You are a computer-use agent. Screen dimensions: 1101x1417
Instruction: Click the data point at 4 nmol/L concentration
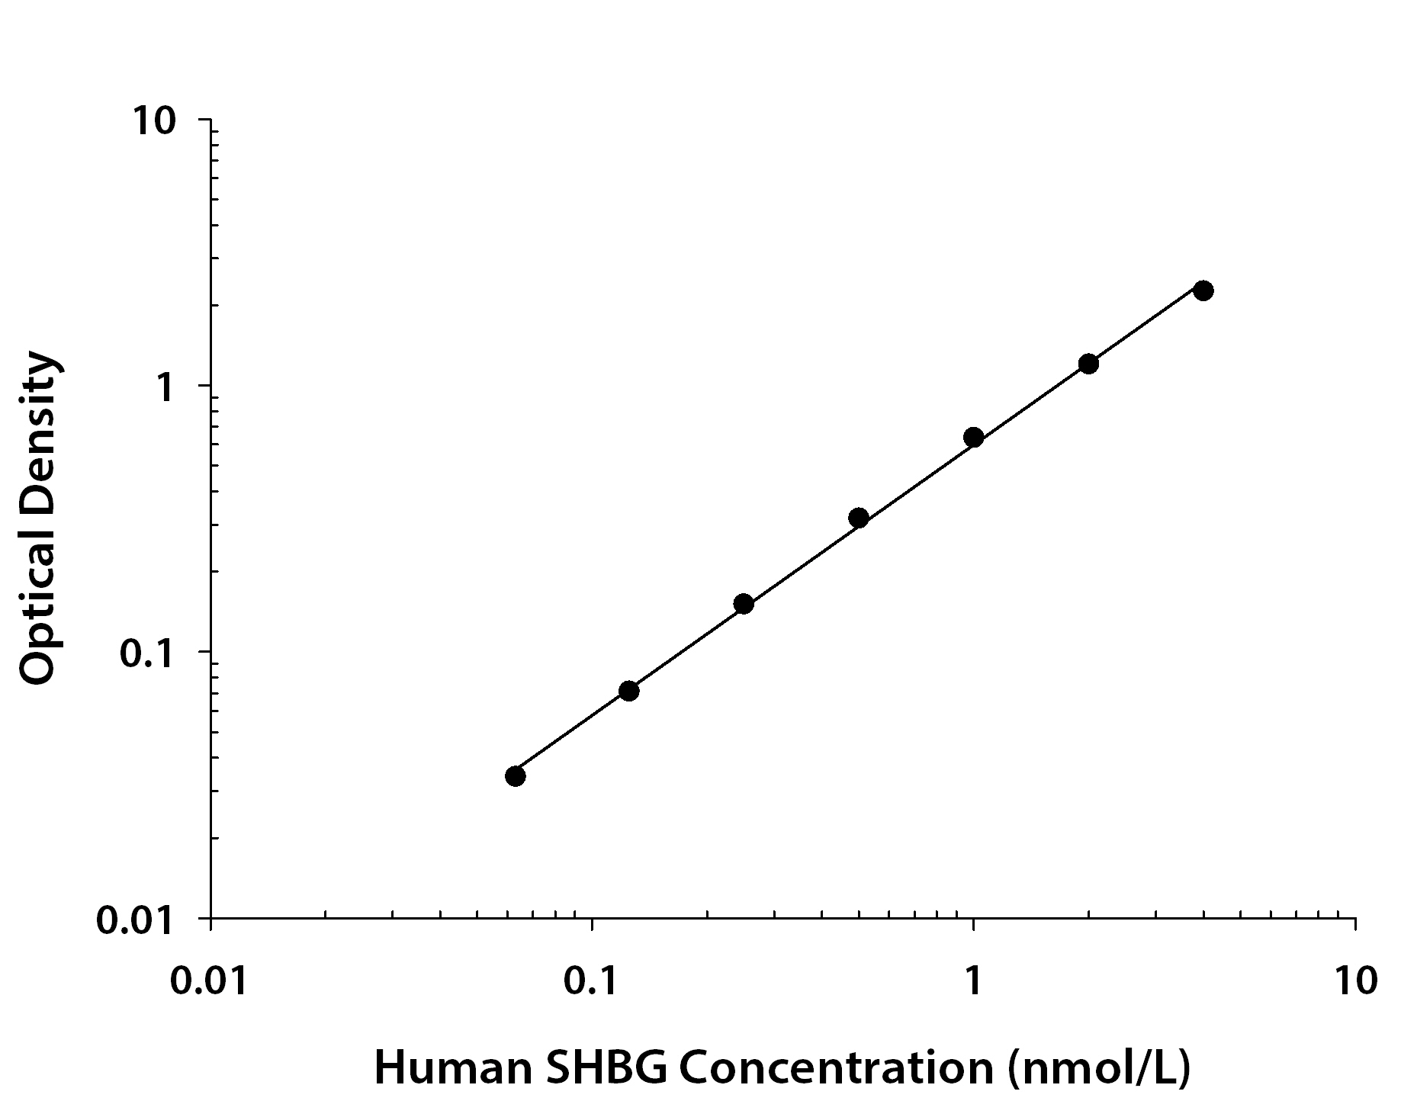[x=1203, y=290]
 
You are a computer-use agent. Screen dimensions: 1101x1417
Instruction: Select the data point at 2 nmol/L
[x=1088, y=364]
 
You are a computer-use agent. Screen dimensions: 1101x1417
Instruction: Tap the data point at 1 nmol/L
[x=973, y=437]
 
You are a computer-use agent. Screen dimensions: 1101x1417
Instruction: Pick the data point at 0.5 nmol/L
[x=859, y=518]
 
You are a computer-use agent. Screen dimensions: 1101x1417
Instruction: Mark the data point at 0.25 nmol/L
[x=744, y=604]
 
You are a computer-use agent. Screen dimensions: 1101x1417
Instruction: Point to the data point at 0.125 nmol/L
[x=628, y=691]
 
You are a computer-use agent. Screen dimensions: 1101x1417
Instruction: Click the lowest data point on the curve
[x=516, y=776]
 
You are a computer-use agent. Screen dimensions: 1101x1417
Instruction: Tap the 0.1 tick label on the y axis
[x=147, y=653]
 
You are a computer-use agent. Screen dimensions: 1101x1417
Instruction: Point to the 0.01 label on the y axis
[x=135, y=920]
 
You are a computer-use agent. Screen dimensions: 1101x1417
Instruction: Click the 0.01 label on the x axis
[x=208, y=981]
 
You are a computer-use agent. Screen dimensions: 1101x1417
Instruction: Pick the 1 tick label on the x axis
[x=973, y=981]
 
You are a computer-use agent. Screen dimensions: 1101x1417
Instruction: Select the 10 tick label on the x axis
[x=1354, y=981]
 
